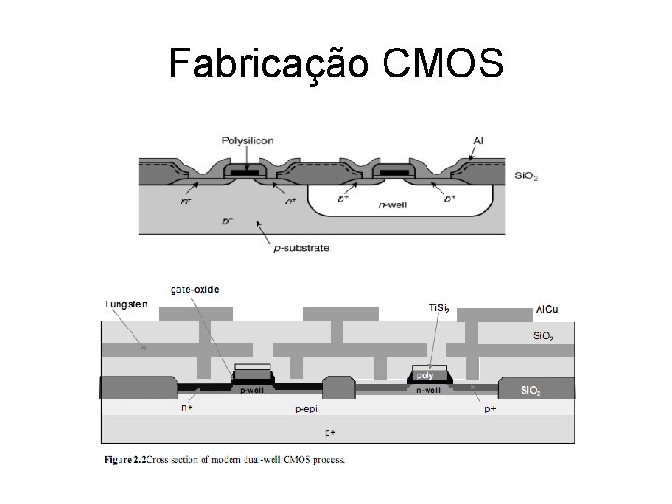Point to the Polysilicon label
247,140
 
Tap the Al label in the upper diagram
478,140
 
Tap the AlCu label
548,309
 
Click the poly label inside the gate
425,375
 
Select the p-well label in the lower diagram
251,390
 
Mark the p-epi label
307,409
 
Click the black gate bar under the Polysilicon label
247,174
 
